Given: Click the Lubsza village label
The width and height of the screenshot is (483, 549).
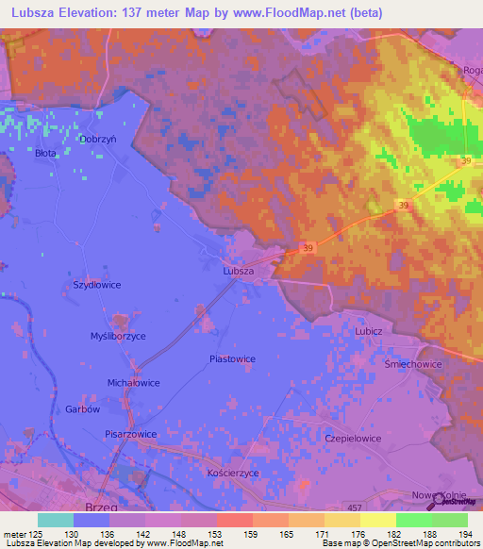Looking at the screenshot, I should (x=238, y=271).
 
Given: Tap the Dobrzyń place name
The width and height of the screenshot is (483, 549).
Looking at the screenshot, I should (x=98, y=139).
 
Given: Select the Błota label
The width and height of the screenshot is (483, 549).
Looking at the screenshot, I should (x=47, y=153).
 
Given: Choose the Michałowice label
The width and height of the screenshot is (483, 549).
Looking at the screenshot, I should (x=133, y=383).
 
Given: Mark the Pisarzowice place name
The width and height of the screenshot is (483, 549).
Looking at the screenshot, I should (x=131, y=434).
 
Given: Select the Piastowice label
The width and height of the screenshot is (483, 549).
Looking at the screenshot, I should (x=232, y=358).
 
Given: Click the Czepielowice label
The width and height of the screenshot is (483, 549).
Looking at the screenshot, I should (x=378, y=439).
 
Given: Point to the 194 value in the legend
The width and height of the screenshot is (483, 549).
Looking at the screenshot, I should (x=465, y=533).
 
